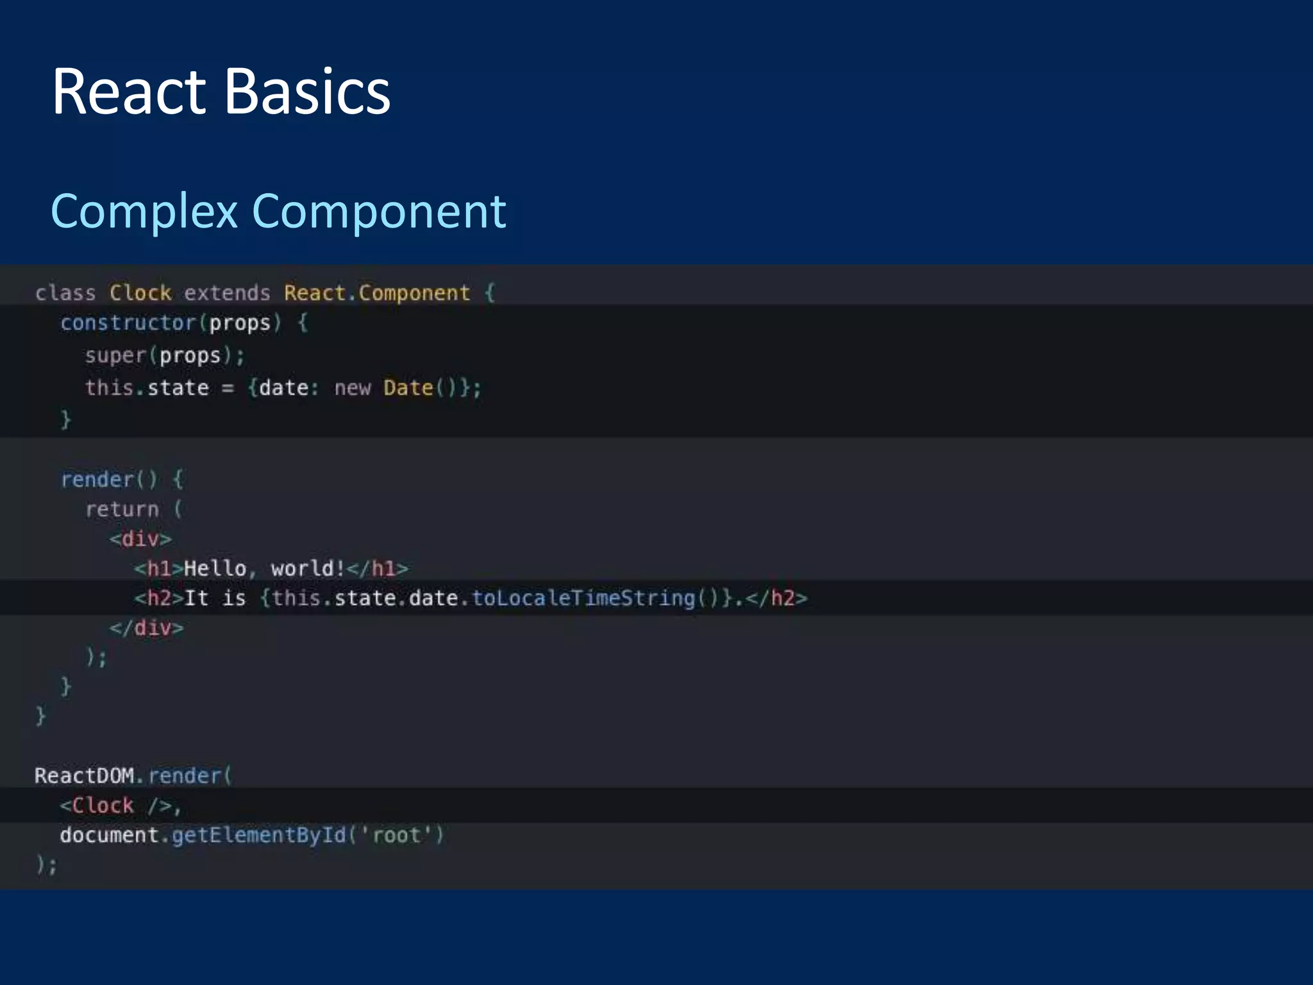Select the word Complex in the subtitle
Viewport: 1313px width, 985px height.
[144, 212]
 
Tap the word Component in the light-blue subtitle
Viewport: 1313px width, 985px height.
[379, 212]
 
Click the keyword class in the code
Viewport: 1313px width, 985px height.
[65, 293]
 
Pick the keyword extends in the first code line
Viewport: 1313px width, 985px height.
[227, 293]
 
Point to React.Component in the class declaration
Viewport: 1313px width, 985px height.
[377, 293]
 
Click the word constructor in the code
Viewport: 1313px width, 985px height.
[128, 323]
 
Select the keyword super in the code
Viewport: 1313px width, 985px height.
[115, 355]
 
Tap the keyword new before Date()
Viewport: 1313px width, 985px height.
[352, 388]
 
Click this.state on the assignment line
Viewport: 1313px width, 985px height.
[147, 388]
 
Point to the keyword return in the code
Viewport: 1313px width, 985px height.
[122, 509]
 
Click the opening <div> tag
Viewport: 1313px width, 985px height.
[140, 539]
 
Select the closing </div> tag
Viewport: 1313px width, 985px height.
[146, 627]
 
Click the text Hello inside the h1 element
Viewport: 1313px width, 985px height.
[215, 568]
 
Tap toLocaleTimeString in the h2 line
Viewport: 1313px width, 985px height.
[583, 598]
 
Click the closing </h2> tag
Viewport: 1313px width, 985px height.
[776, 598]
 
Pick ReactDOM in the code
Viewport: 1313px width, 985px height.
[84, 775]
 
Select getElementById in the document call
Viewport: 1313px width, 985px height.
[258, 835]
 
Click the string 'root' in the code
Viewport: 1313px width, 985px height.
[396, 835]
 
